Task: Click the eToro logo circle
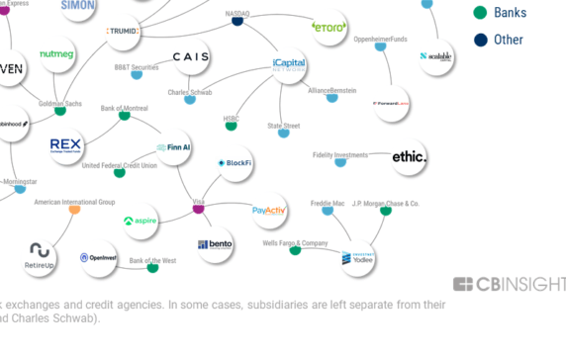pyautogui.click(x=329, y=27)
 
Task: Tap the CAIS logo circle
pyautogui.click(x=190, y=57)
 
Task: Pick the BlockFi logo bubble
pyautogui.click(x=236, y=162)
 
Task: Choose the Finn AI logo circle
pyautogui.click(x=174, y=147)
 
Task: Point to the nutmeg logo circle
pyautogui.click(x=57, y=54)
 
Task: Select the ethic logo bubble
pyautogui.click(x=409, y=156)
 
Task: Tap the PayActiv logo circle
pyautogui.click(x=269, y=211)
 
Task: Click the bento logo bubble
pyautogui.click(x=215, y=244)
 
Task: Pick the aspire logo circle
pyautogui.click(x=141, y=222)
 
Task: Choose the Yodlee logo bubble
pyautogui.click(x=358, y=258)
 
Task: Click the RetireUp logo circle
pyautogui.click(x=40, y=255)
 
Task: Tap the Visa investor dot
pyautogui.click(x=198, y=209)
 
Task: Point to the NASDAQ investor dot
pyautogui.click(x=237, y=21)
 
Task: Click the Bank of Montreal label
pyautogui.click(x=125, y=108)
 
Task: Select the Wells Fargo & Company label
pyautogui.click(x=295, y=242)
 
